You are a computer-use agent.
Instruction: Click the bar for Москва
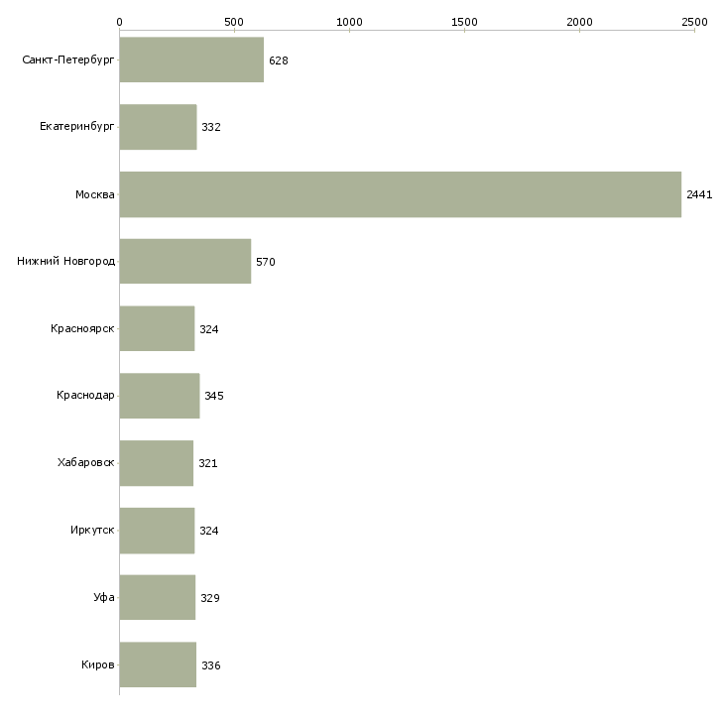pos(401,194)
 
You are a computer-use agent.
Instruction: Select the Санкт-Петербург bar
pos(191,60)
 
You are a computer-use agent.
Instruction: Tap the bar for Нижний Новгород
pos(185,261)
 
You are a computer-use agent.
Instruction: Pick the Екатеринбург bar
pos(158,127)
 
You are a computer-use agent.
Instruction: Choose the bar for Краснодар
pos(160,396)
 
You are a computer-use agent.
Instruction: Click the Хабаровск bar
pos(157,463)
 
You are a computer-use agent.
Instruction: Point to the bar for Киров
pos(158,664)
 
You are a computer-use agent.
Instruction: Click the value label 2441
pos(699,194)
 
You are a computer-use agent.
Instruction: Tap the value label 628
pos(279,60)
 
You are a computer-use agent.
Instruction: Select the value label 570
pos(266,262)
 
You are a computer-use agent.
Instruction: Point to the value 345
pos(214,396)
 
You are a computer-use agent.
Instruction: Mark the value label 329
pos(210,598)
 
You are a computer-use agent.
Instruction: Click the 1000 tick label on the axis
pos(349,22)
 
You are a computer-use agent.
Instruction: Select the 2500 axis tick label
pos(694,22)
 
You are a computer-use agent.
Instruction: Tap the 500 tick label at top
pos(234,22)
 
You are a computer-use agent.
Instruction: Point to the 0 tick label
pos(120,22)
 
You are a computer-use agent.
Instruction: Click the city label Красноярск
pos(82,328)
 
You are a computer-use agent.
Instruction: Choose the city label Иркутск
pos(92,530)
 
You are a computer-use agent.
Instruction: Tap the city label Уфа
pos(104,597)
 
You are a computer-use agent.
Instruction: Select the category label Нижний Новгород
pos(66,261)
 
